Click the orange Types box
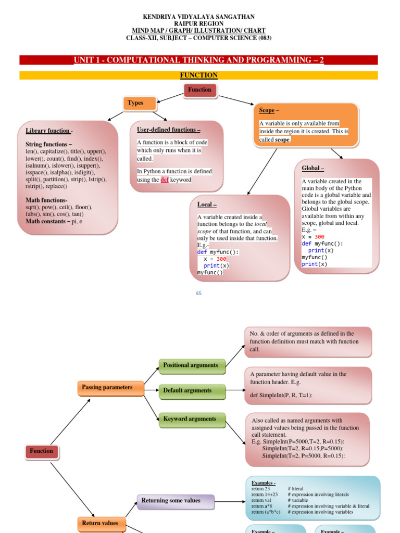[139, 103]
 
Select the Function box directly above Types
[199, 90]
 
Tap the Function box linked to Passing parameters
[42, 451]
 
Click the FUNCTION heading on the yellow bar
[198, 75]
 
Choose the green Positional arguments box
[192, 365]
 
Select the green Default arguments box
[192, 391]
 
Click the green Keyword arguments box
[192, 419]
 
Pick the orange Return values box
[100, 523]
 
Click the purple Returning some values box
[176, 501]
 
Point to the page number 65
[198, 294]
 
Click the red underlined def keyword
[165, 180]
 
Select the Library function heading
[48, 131]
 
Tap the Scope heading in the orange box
[268, 111]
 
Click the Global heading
[312, 169]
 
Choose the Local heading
[207, 205]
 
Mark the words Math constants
[47, 221]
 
